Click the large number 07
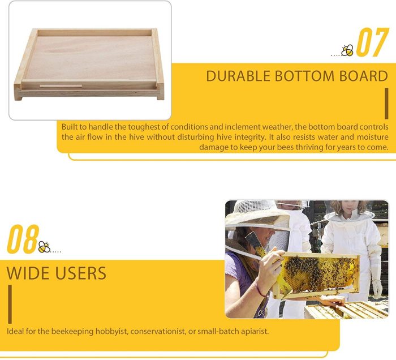coord(372,42)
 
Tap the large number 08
coord(23,239)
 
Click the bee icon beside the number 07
coord(347,50)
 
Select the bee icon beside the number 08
coord(45,247)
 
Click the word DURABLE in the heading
coord(238,76)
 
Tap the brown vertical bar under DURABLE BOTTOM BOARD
coord(386,104)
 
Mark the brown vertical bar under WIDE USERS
coord(10,304)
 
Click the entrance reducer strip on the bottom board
coord(61,86)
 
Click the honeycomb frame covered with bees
coord(317,274)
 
